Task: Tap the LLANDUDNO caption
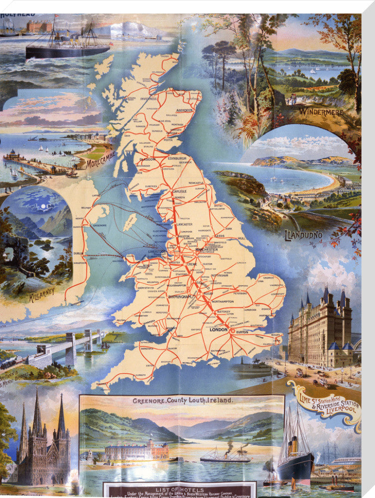pyautogui.click(x=303, y=234)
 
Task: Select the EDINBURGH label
pyautogui.click(x=169, y=158)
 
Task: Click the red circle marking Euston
pyautogui.click(x=232, y=330)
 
